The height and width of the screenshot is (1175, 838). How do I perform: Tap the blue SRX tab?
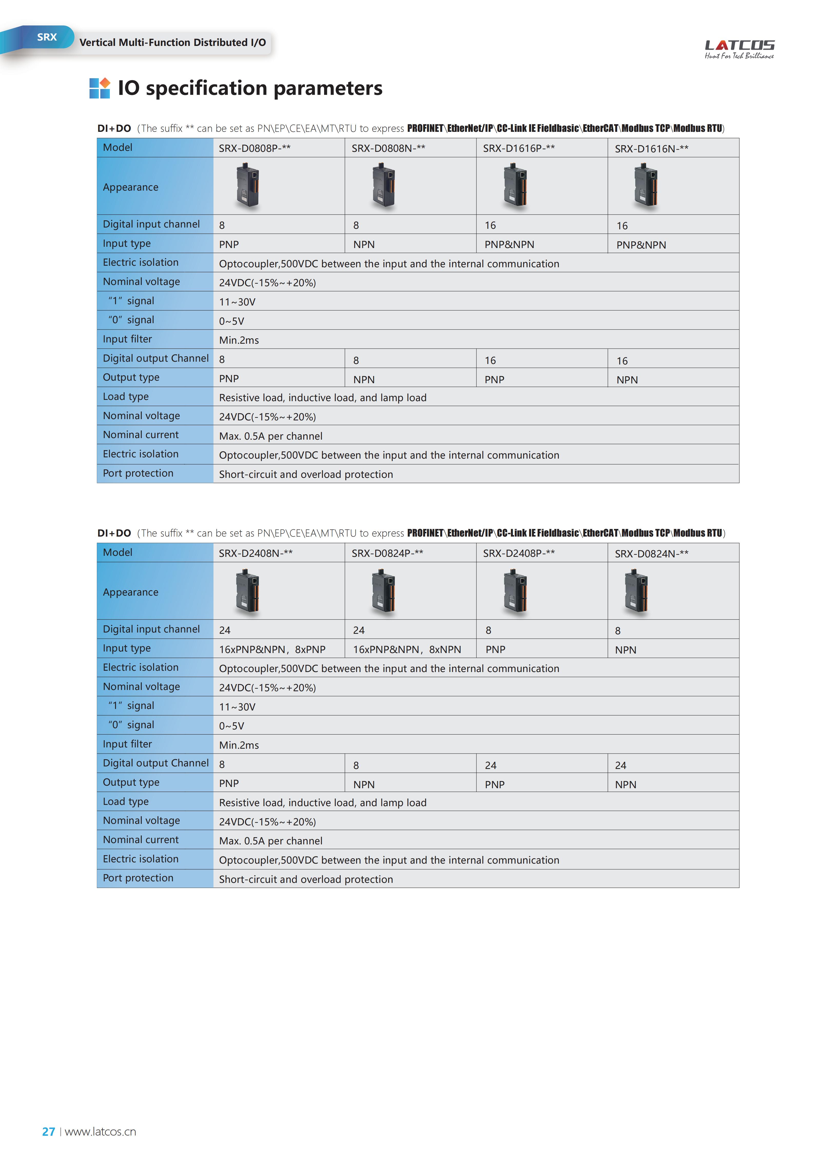47,37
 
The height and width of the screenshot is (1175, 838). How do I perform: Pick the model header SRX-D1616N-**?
651,149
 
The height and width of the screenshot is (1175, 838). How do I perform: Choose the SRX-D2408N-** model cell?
255,553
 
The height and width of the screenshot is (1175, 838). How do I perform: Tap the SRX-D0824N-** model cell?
651,554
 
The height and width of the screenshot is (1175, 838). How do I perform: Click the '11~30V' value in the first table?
237,302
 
